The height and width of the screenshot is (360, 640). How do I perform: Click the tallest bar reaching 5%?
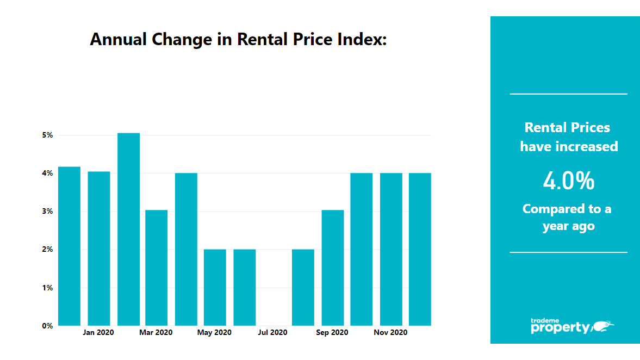point(128,229)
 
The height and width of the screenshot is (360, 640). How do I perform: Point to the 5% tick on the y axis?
point(47,135)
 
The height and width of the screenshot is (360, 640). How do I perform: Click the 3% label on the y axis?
point(47,212)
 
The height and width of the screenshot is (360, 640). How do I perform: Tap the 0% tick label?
point(47,326)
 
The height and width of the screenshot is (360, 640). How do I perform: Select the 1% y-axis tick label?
point(47,288)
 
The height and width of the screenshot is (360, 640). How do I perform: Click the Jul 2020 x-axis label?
point(272,332)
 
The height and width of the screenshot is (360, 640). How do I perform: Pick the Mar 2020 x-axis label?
point(156,332)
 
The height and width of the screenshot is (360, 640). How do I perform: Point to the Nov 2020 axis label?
point(390,332)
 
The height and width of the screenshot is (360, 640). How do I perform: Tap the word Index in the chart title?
point(363,39)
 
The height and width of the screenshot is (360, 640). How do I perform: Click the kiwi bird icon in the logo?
point(602,326)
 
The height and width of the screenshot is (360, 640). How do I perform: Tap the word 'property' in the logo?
point(560,328)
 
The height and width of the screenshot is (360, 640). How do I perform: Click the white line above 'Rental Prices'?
point(568,94)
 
